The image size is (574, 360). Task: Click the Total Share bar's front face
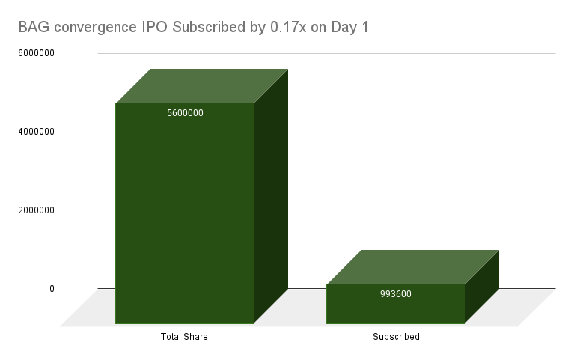click(x=184, y=217)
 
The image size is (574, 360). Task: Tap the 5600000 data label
click(x=185, y=113)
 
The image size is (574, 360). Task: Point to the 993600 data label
click(x=395, y=293)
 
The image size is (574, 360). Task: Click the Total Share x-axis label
click(x=184, y=337)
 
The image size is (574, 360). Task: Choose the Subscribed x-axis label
click(x=396, y=337)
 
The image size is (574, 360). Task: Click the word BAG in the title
click(x=32, y=28)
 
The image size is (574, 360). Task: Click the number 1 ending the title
click(x=364, y=28)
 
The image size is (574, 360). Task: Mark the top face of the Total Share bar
click(x=202, y=85)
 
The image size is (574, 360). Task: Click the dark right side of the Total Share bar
click(x=271, y=195)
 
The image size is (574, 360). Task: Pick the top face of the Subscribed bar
click(x=413, y=267)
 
